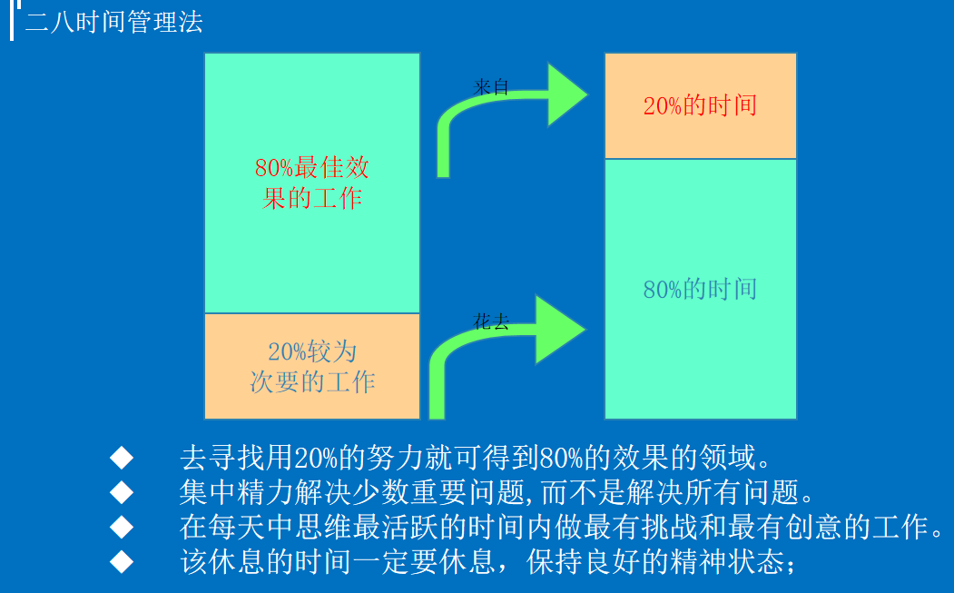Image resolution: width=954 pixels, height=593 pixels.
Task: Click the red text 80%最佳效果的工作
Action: [312, 183]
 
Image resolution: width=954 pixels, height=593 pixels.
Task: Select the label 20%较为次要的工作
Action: [312, 366]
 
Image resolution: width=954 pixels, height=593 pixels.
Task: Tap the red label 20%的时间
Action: [700, 105]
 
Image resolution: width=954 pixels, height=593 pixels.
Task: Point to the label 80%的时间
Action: [700, 290]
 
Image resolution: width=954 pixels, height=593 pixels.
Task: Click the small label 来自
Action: [491, 87]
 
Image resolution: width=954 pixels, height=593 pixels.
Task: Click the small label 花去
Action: [491, 321]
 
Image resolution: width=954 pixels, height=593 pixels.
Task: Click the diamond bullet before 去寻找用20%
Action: [122, 455]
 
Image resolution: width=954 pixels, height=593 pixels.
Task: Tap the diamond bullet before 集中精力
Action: [122, 491]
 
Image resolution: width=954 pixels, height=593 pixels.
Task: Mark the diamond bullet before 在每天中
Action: [122, 527]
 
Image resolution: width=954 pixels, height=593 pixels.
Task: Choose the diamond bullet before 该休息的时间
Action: [122, 562]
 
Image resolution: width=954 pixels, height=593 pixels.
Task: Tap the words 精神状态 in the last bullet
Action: [735, 562]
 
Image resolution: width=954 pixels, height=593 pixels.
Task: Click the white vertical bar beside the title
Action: [13, 20]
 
